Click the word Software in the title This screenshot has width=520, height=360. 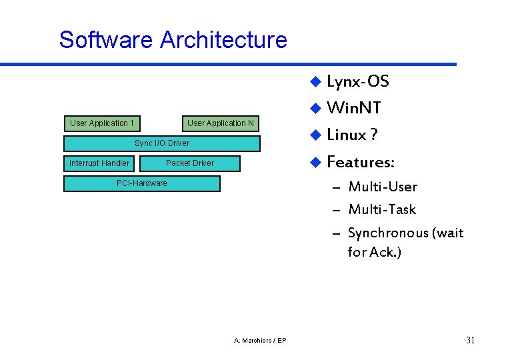106,40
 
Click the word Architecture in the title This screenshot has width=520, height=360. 223,40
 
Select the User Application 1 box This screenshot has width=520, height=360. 102,123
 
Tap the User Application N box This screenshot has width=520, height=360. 221,123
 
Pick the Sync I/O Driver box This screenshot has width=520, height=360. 162,143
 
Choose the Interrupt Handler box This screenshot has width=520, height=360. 99,163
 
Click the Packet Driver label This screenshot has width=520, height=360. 190,163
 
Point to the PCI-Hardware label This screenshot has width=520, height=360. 142,183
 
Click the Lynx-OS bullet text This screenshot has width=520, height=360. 358,82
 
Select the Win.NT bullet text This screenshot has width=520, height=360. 354,108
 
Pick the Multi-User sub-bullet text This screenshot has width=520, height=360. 383,187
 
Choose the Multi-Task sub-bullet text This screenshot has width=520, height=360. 382,210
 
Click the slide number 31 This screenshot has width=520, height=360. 470,341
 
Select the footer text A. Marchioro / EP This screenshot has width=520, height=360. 261,341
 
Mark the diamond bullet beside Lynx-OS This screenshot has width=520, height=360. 316,82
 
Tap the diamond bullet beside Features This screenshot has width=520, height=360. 316,162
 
